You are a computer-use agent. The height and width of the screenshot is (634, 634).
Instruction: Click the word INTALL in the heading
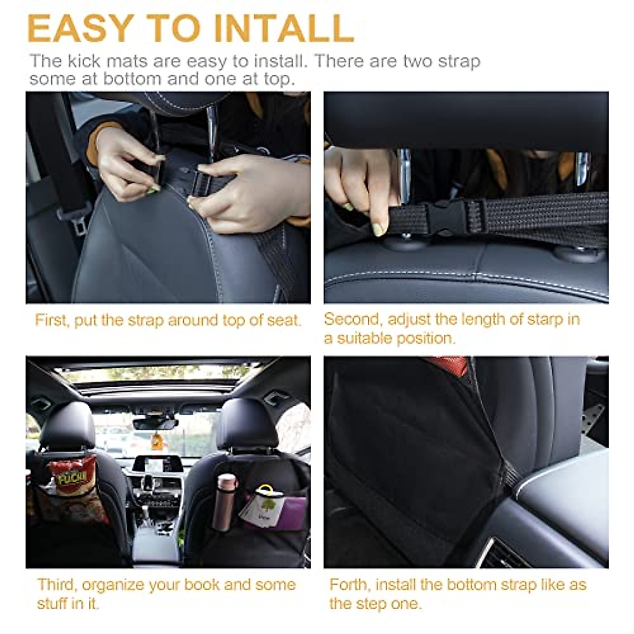[284, 29]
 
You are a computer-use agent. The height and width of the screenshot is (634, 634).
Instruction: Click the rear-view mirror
[156, 423]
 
